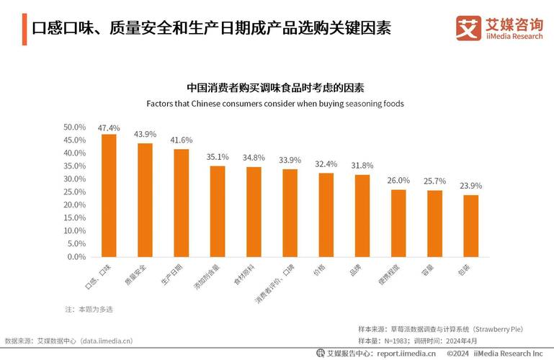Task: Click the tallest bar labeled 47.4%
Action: click(109, 195)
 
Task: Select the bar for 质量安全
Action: click(145, 199)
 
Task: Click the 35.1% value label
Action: click(218, 156)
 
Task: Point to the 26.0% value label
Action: click(398, 180)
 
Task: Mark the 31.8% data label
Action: click(362, 165)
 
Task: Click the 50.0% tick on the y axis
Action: click(75, 127)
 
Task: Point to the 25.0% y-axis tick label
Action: click(75, 192)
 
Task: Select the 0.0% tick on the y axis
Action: click(76, 256)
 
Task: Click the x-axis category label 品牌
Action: click(354, 271)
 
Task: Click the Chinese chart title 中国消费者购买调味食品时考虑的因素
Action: click(276, 88)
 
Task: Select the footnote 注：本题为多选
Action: click(89, 309)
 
